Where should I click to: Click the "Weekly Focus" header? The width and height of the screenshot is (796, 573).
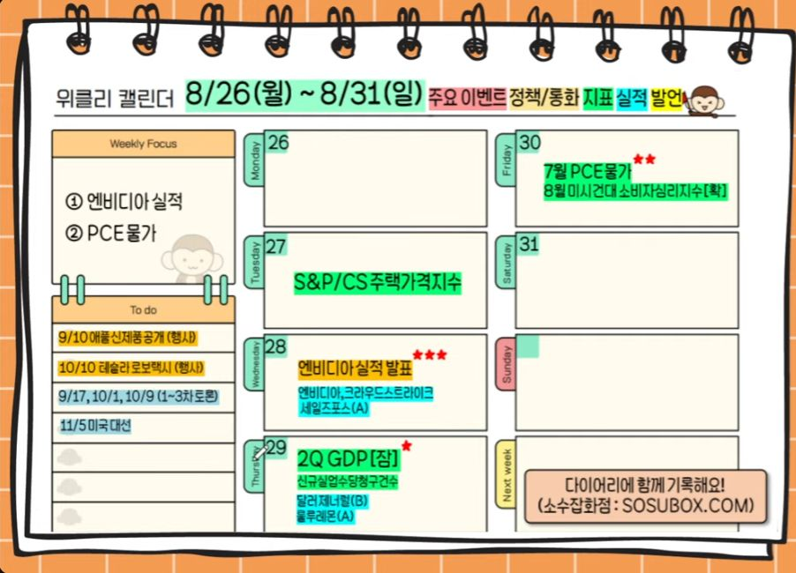coord(143,144)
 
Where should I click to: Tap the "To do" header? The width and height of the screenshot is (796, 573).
coord(143,309)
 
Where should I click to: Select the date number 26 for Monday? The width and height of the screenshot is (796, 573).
coord(278,143)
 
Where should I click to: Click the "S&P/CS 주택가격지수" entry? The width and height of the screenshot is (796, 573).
coord(378,283)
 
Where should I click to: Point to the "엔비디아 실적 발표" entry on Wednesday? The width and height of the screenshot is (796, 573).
coord(355,367)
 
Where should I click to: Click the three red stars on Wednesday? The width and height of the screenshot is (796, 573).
coord(430,355)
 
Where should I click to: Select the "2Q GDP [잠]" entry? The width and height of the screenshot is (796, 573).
coord(348,459)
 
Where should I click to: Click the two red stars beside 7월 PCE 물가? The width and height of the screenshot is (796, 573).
coord(644,160)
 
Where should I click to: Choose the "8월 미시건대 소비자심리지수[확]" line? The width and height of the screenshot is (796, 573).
coord(636,191)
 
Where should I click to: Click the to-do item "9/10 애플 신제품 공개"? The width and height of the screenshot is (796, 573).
coord(127,338)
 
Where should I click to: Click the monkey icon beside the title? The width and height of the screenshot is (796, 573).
coord(706,100)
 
